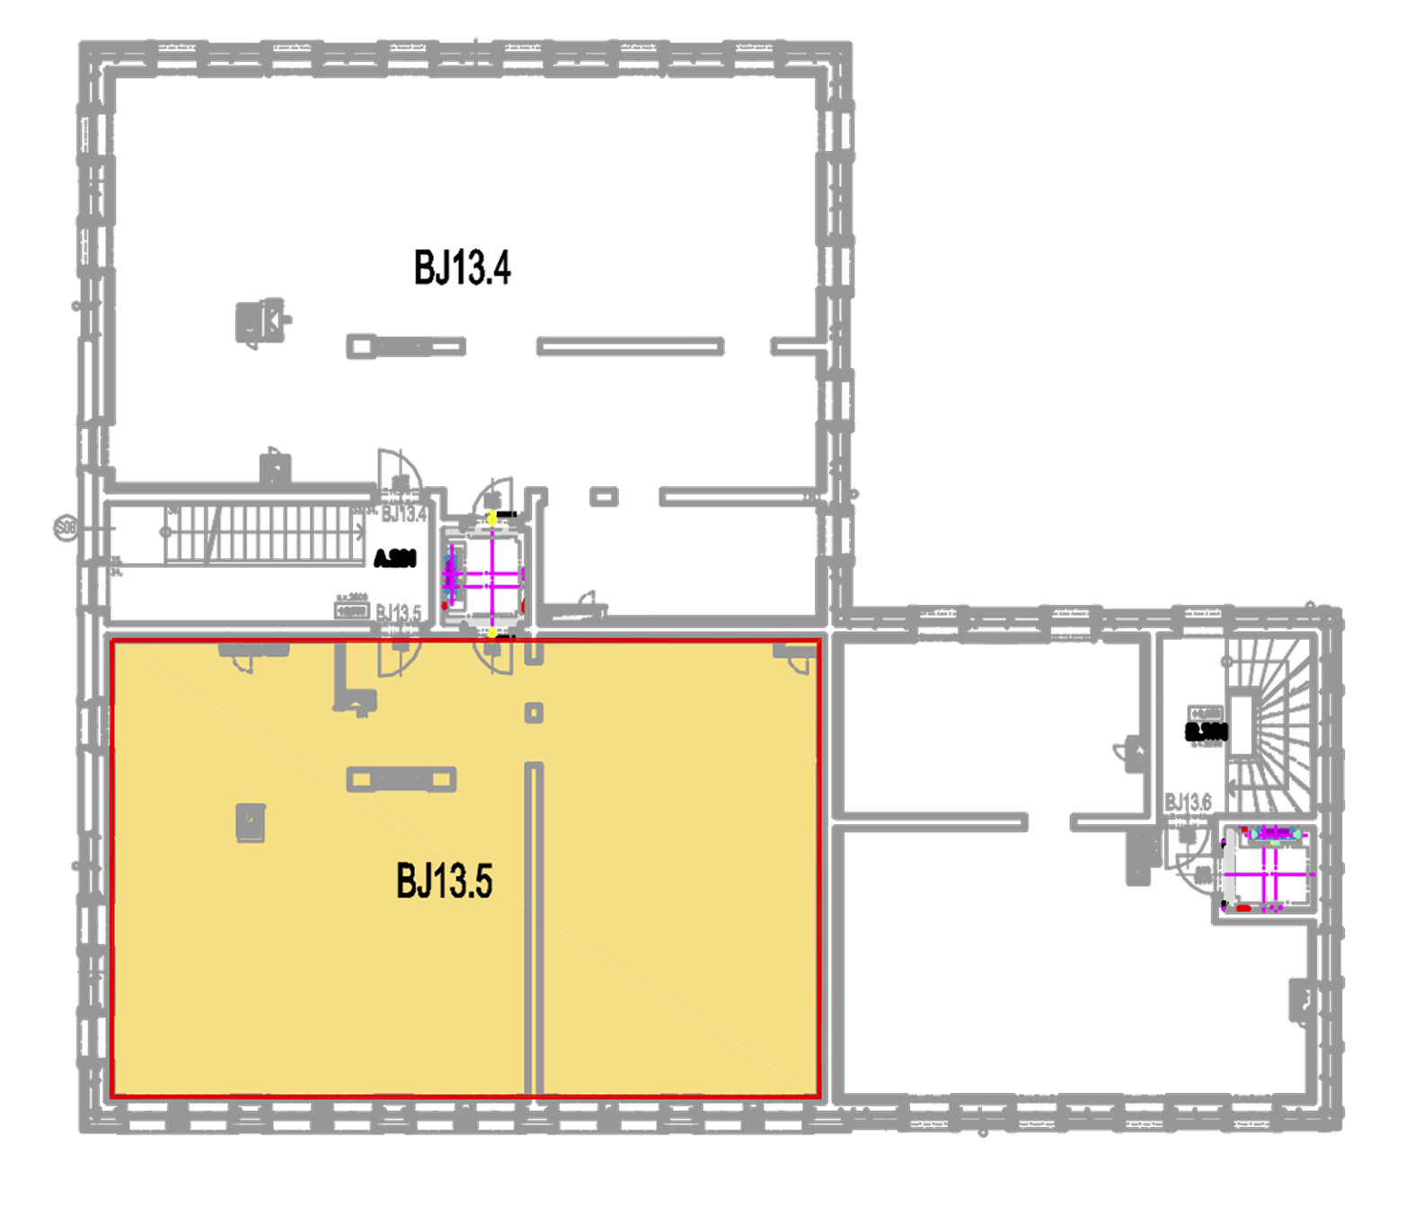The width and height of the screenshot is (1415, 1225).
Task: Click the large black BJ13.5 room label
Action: [444, 882]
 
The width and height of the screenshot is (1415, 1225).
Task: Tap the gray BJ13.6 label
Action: [1188, 802]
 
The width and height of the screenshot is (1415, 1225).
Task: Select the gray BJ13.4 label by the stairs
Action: [404, 514]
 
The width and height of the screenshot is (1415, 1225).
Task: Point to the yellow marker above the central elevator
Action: [491, 517]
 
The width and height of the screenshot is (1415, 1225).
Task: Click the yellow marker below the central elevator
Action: [491, 633]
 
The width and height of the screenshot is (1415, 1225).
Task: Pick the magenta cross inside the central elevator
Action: [492, 576]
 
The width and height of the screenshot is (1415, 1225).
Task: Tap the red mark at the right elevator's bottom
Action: [1243, 909]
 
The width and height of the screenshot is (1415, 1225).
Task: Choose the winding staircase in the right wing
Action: [1276, 710]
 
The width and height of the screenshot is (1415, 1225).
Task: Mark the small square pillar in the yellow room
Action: [534, 713]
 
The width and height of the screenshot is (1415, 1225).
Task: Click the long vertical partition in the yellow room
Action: [534, 926]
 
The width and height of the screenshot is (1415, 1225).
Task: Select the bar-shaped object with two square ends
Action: [402, 779]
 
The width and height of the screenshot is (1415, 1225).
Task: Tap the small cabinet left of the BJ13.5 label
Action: [251, 821]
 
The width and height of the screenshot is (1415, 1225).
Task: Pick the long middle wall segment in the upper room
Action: [630, 346]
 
